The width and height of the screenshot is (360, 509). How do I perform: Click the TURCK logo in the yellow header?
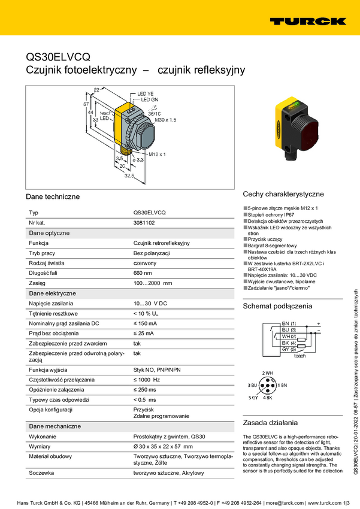(307, 21)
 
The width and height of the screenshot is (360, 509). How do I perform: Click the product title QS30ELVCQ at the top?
(58, 57)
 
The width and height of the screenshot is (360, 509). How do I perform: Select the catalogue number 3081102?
(144, 223)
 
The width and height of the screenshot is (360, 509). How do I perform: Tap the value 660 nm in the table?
(143, 273)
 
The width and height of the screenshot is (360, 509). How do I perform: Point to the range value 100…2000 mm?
(152, 283)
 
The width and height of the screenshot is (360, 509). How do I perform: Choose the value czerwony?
(145, 263)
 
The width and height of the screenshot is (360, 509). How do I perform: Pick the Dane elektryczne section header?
(53, 293)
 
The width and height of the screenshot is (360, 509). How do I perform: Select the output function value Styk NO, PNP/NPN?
(156, 370)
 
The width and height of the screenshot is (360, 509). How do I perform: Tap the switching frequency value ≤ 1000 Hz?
(146, 380)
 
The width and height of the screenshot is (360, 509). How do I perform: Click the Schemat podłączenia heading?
(277, 306)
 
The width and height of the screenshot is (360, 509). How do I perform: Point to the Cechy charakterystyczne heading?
(283, 194)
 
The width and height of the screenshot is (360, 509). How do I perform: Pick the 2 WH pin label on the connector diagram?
(267, 373)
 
